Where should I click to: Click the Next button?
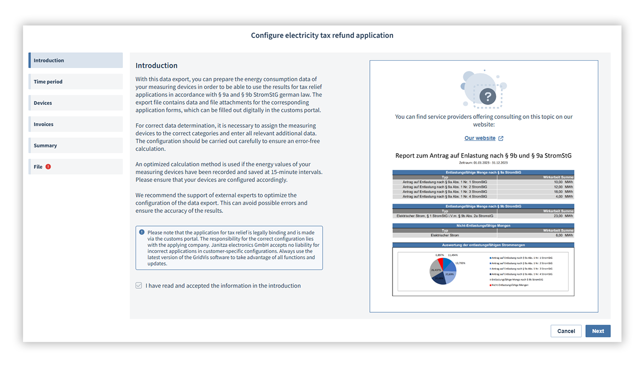(597, 331)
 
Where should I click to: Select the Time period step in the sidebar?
(75, 82)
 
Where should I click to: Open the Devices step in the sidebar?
(75, 103)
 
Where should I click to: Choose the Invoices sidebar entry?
(75, 124)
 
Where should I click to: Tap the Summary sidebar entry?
(75, 146)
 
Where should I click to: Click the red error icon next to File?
(48, 167)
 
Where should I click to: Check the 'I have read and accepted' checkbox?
(139, 286)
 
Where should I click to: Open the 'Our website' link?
(480, 138)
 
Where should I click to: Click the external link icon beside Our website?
(501, 138)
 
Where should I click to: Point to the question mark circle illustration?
(488, 95)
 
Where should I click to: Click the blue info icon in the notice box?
(142, 232)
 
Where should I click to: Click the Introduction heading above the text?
(157, 66)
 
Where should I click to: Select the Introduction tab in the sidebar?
(75, 61)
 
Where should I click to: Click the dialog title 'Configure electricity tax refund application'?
(322, 35)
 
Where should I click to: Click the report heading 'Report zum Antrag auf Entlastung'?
(483, 156)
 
